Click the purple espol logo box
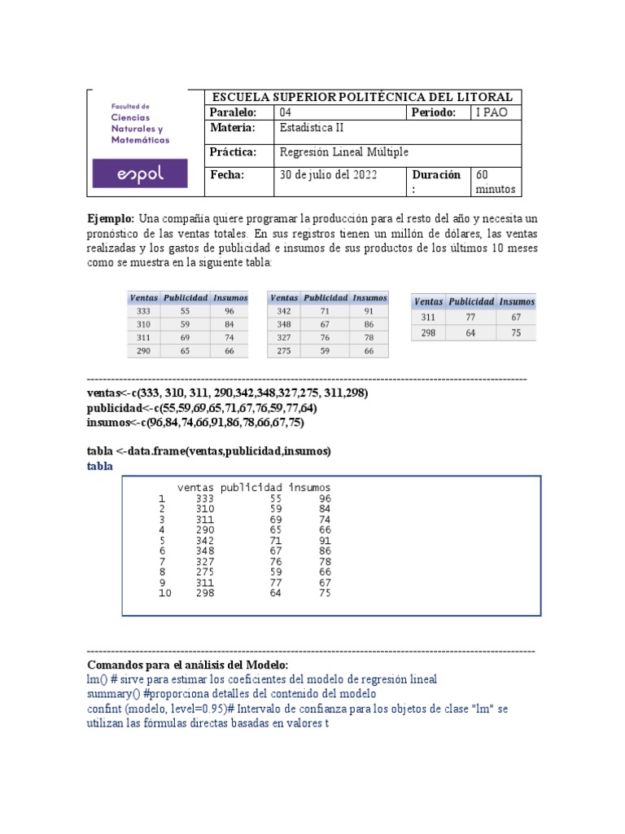(x=140, y=173)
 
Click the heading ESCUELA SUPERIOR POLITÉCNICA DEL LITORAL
(x=361, y=97)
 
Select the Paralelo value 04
(x=285, y=112)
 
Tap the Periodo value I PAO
(x=492, y=112)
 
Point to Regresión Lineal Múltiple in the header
(x=343, y=151)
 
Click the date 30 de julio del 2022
(x=328, y=174)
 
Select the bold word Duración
(x=436, y=174)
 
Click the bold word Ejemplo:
(x=111, y=219)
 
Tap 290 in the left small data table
(x=144, y=350)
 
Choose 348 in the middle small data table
(x=284, y=324)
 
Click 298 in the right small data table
(x=429, y=332)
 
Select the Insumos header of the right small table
(x=517, y=301)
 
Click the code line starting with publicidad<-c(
(x=202, y=408)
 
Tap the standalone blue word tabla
(x=100, y=467)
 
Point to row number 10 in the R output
(x=165, y=593)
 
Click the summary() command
(x=113, y=694)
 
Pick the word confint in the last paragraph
(x=103, y=709)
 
